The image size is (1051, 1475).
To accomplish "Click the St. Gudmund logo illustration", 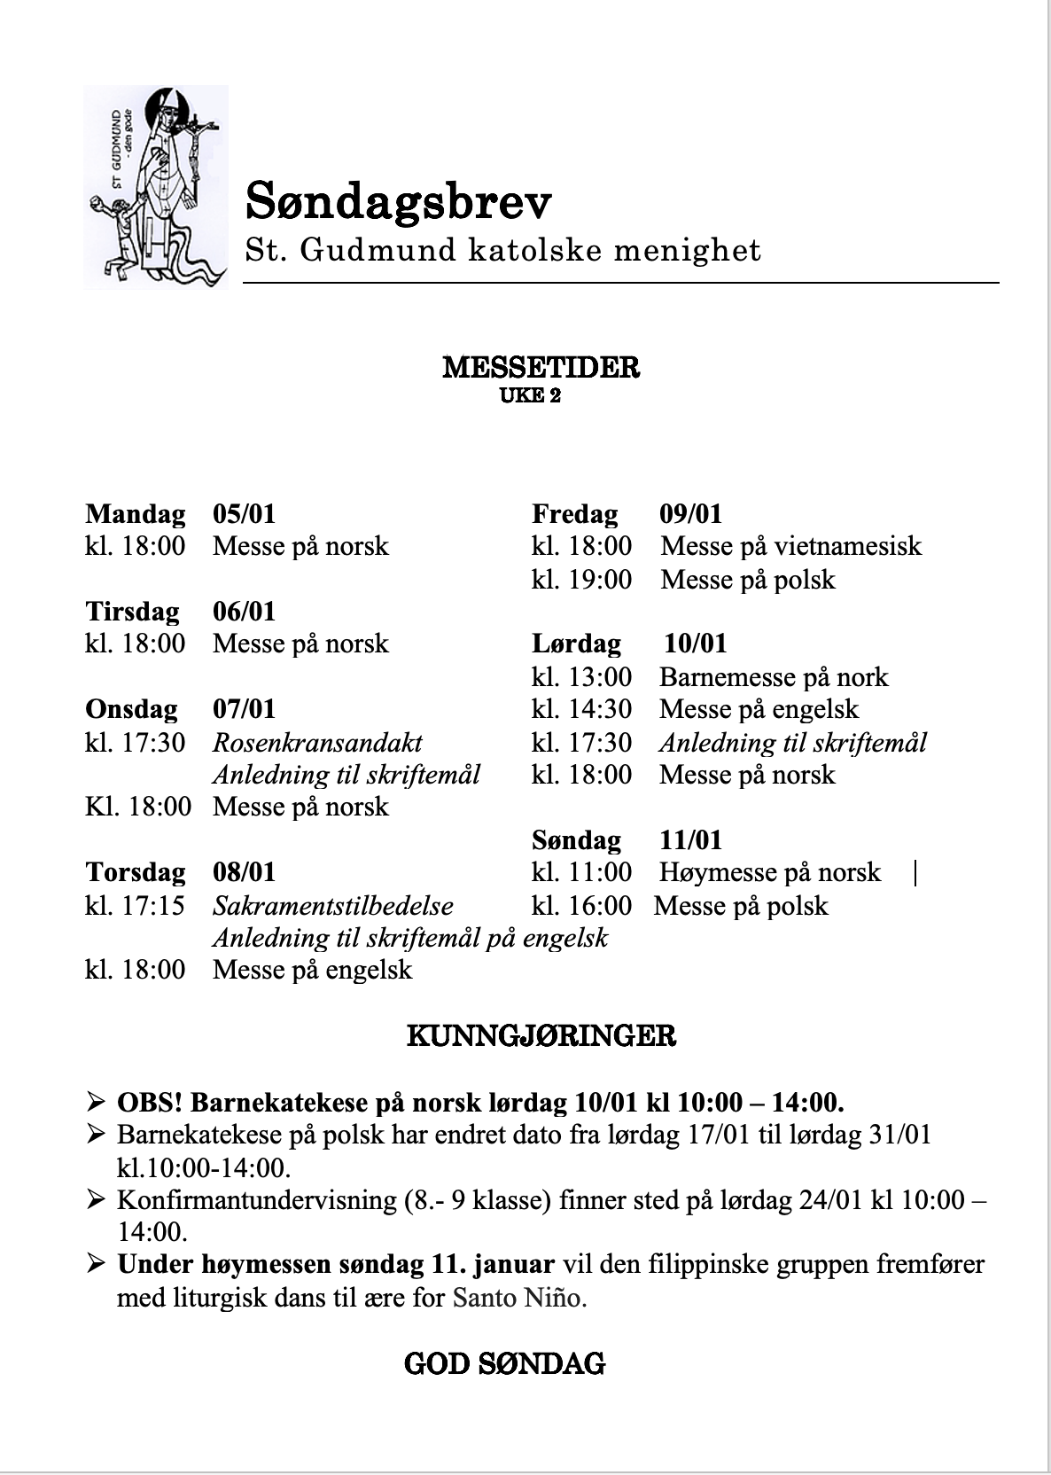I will (x=156, y=187).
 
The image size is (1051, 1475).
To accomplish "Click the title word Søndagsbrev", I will (x=398, y=201).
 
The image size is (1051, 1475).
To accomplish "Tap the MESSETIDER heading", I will (x=541, y=367).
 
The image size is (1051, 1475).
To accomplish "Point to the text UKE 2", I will (x=531, y=395).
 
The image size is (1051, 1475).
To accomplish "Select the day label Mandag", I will (x=136, y=514).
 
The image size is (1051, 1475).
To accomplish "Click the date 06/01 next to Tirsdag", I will (x=244, y=612).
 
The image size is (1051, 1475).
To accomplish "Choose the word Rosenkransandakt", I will (x=317, y=742).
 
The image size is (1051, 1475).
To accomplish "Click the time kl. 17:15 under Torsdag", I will (x=136, y=906).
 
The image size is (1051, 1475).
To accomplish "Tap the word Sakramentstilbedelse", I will (x=333, y=906).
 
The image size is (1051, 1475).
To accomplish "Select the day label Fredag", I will (x=575, y=514).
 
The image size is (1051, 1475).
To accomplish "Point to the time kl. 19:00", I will (x=582, y=580).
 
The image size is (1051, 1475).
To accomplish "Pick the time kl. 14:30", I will (x=582, y=709).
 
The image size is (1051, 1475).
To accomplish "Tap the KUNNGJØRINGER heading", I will (x=541, y=1035).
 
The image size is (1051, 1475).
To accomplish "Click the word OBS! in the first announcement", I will (x=150, y=1103).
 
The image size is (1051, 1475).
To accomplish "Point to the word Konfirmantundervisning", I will (x=255, y=1200).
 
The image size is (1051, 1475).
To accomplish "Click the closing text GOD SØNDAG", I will (x=504, y=1363).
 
